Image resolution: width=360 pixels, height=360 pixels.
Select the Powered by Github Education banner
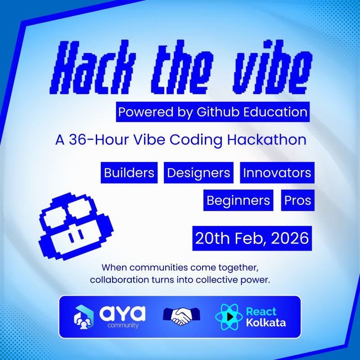[x=213, y=112]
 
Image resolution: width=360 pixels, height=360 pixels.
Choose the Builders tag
[x=129, y=173]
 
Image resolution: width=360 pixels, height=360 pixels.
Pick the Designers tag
[x=198, y=173]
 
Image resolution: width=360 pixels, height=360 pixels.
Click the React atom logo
[x=229, y=317]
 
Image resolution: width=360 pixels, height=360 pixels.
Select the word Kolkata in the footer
[x=265, y=323]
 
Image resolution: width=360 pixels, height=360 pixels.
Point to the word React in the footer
[x=261, y=311]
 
